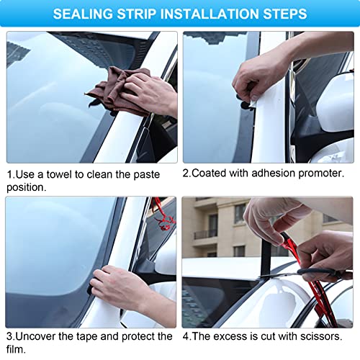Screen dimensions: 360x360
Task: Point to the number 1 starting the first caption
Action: click(x=9, y=174)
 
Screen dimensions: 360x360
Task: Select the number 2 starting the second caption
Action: click(x=186, y=174)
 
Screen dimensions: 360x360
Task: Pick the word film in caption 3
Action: click(x=18, y=348)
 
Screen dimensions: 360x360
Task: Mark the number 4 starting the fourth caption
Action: click(x=186, y=336)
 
